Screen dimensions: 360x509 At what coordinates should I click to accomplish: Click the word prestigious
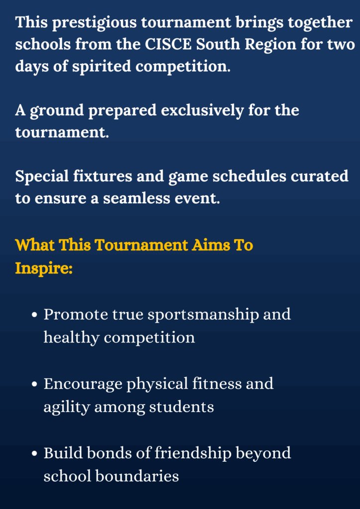[x=86, y=23]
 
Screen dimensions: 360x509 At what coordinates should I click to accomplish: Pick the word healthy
[x=72, y=338]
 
